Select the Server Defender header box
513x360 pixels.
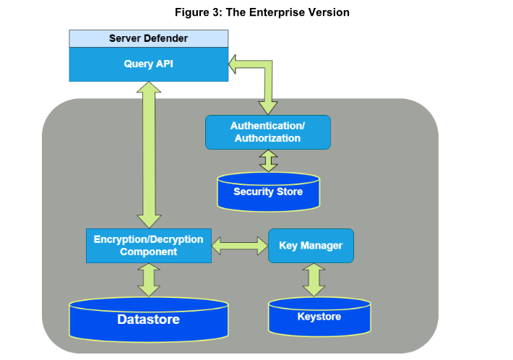pyautogui.click(x=148, y=38)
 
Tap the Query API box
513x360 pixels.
pyautogui.click(x=148, y=64)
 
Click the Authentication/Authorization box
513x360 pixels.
pyautogui.click(x=267, y=132)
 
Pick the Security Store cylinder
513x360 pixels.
pyautogui.click(x=268, y=192)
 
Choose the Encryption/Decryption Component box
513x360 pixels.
pyautogui.click(x=148, y=246)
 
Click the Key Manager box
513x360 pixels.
pyautogui.click(x=311, y=246)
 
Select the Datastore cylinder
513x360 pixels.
pyautogui.click(x=148, y=319)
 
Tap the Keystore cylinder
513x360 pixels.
pyautogui.click(x=319, y=318)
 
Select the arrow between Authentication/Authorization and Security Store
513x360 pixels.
pyautogui.click(x=269, y=160)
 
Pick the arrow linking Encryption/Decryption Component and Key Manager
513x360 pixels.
pyautogui.click(x=240, y=246)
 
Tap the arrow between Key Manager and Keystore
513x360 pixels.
pyautogui.click(x=314, y=280)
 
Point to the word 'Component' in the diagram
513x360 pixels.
pyautogui.click(x=148, y=252)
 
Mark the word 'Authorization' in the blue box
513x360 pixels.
pyautogui.click(x=267, y=138)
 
